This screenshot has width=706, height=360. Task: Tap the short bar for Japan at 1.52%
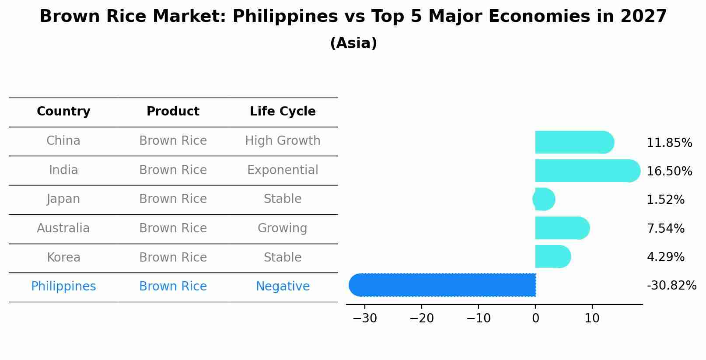(x=544, y=199)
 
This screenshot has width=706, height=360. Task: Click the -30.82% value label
(x=671, y=286)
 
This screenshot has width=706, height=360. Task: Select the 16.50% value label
(x=669, y=171)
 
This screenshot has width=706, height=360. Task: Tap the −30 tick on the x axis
(x=365, y=318)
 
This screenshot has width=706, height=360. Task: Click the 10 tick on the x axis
(x=592, y=318)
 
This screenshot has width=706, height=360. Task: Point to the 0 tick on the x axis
(x=535, y=318)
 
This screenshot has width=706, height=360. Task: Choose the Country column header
(x=63, y=112)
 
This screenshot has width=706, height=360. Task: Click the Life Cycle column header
(x=283, y=112)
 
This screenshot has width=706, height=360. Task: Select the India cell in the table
(x=63, y=170)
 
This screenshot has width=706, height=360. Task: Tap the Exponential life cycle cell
(x=283, y=170)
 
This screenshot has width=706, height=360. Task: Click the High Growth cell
(x=283, y=141)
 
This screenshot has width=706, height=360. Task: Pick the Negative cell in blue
(x=283, y=287)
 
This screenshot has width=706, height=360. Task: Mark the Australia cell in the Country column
(x=63, y=228)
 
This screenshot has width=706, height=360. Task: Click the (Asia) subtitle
(x=353, y=43)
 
